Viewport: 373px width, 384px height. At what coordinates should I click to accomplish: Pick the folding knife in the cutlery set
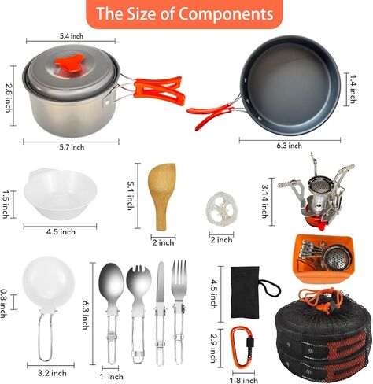(x=160, y=307)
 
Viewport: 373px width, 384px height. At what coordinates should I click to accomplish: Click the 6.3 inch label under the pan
(x=290, y=145)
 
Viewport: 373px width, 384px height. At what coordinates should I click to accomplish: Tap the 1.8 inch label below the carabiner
(x=245, y=380)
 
